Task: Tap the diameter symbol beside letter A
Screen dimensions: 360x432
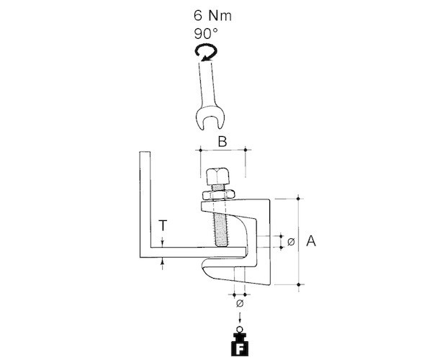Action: click(290, 241)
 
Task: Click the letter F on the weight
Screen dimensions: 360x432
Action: click(240, 348)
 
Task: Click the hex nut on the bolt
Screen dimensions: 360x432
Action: click(216, 194)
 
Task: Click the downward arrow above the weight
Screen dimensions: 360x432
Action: click(240, 318)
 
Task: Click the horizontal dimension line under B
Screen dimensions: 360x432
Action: click(222, 150)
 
